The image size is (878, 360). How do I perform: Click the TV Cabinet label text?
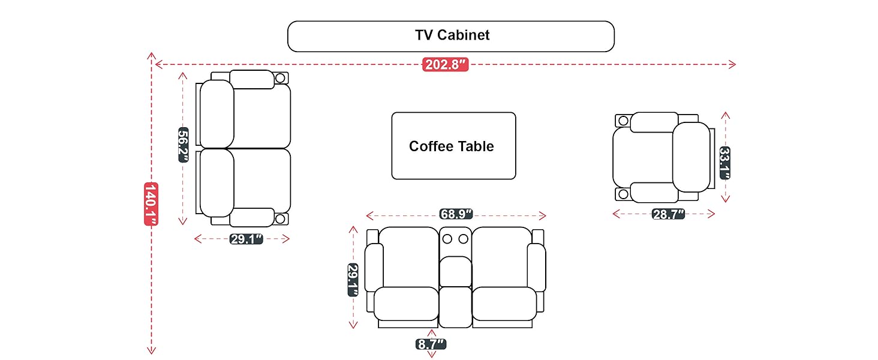tap(452, 35)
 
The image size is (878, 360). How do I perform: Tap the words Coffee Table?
tap(452, 146)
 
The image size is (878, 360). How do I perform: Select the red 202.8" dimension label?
tap(445, 65)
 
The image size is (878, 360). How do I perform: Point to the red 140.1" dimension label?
tap(151, 204)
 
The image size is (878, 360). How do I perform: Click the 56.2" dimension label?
tap(184, 145)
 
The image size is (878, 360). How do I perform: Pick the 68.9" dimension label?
tap(456, 215)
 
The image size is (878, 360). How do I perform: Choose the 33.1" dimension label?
tap(724, 163)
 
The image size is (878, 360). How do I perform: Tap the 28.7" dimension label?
tap(668, 214)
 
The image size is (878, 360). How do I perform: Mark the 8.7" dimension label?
tap(431, 344)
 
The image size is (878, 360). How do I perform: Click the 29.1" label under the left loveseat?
tap(246, 239)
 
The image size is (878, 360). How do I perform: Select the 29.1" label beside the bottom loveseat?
tap(353, 280)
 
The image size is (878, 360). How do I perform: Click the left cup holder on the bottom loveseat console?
tap(447, 239)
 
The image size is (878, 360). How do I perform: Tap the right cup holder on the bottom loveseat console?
tap(463, 239)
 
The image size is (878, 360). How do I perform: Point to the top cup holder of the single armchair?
tap(623, 121)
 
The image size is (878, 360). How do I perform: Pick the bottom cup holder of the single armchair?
tap(623, 194)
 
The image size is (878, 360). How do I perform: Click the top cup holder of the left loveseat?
tap(280, 78)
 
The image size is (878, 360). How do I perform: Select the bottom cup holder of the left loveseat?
tap(280, 218)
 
